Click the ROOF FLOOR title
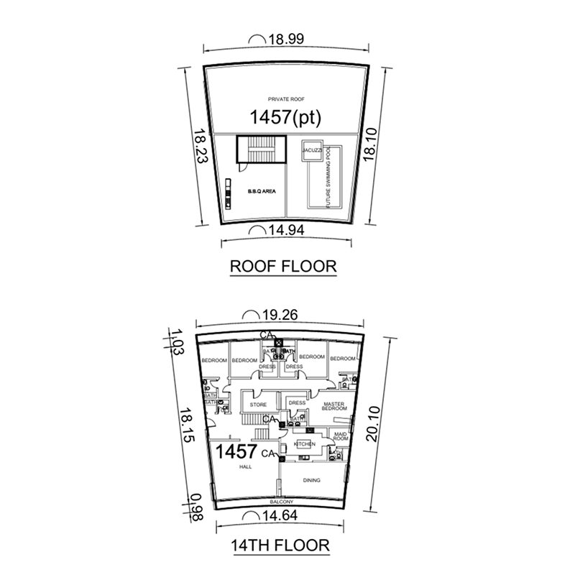click(x=282, y=267)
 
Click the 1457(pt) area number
click(x=285, y=116)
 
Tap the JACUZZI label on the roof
click(x=311, y=148)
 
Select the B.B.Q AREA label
click(x=262, y=191)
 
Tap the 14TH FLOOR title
click(x=281, y=545)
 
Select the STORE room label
click(x=258, y=405)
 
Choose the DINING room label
click(x=312, y=480)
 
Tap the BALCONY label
click(x=280, y=501)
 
